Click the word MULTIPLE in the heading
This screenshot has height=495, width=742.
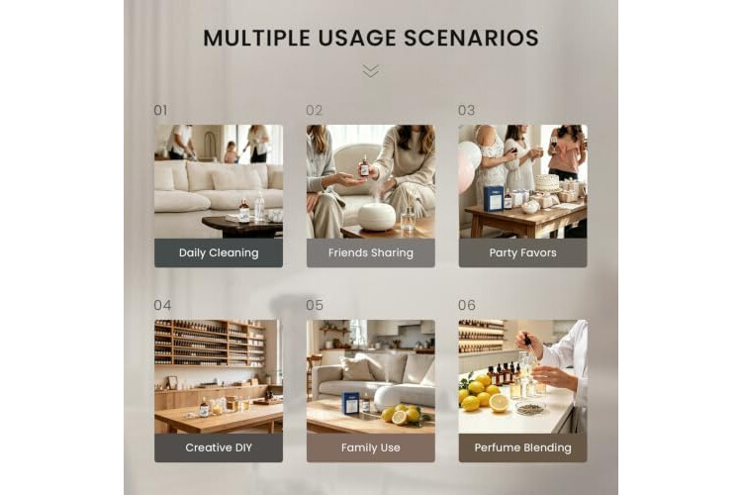[257, 38]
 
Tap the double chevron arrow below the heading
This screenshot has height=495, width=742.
[371, 71]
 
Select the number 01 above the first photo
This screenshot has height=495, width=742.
[160, 110]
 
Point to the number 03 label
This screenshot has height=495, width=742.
[466, 110]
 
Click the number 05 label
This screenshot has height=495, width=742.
[315, 305]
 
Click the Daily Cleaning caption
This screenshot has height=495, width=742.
[219, 253]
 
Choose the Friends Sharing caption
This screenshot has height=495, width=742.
[371, 253]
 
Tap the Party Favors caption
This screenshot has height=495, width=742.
[523, 253]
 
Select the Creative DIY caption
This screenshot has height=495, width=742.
[219, 447]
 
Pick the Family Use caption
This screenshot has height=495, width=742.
[371, 447]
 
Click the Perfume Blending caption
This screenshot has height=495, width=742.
[523, 447]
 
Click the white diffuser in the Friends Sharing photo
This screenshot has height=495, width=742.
[376, 217]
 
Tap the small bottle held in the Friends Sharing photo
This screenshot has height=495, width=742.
[364, 165]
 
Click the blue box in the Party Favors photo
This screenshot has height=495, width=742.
[493, 198]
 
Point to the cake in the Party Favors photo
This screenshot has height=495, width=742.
[546, 182]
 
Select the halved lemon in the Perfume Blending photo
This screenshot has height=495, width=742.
[499, 403]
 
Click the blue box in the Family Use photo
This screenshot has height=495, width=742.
[350, 403]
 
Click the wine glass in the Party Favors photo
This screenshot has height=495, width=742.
[554, 143]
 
